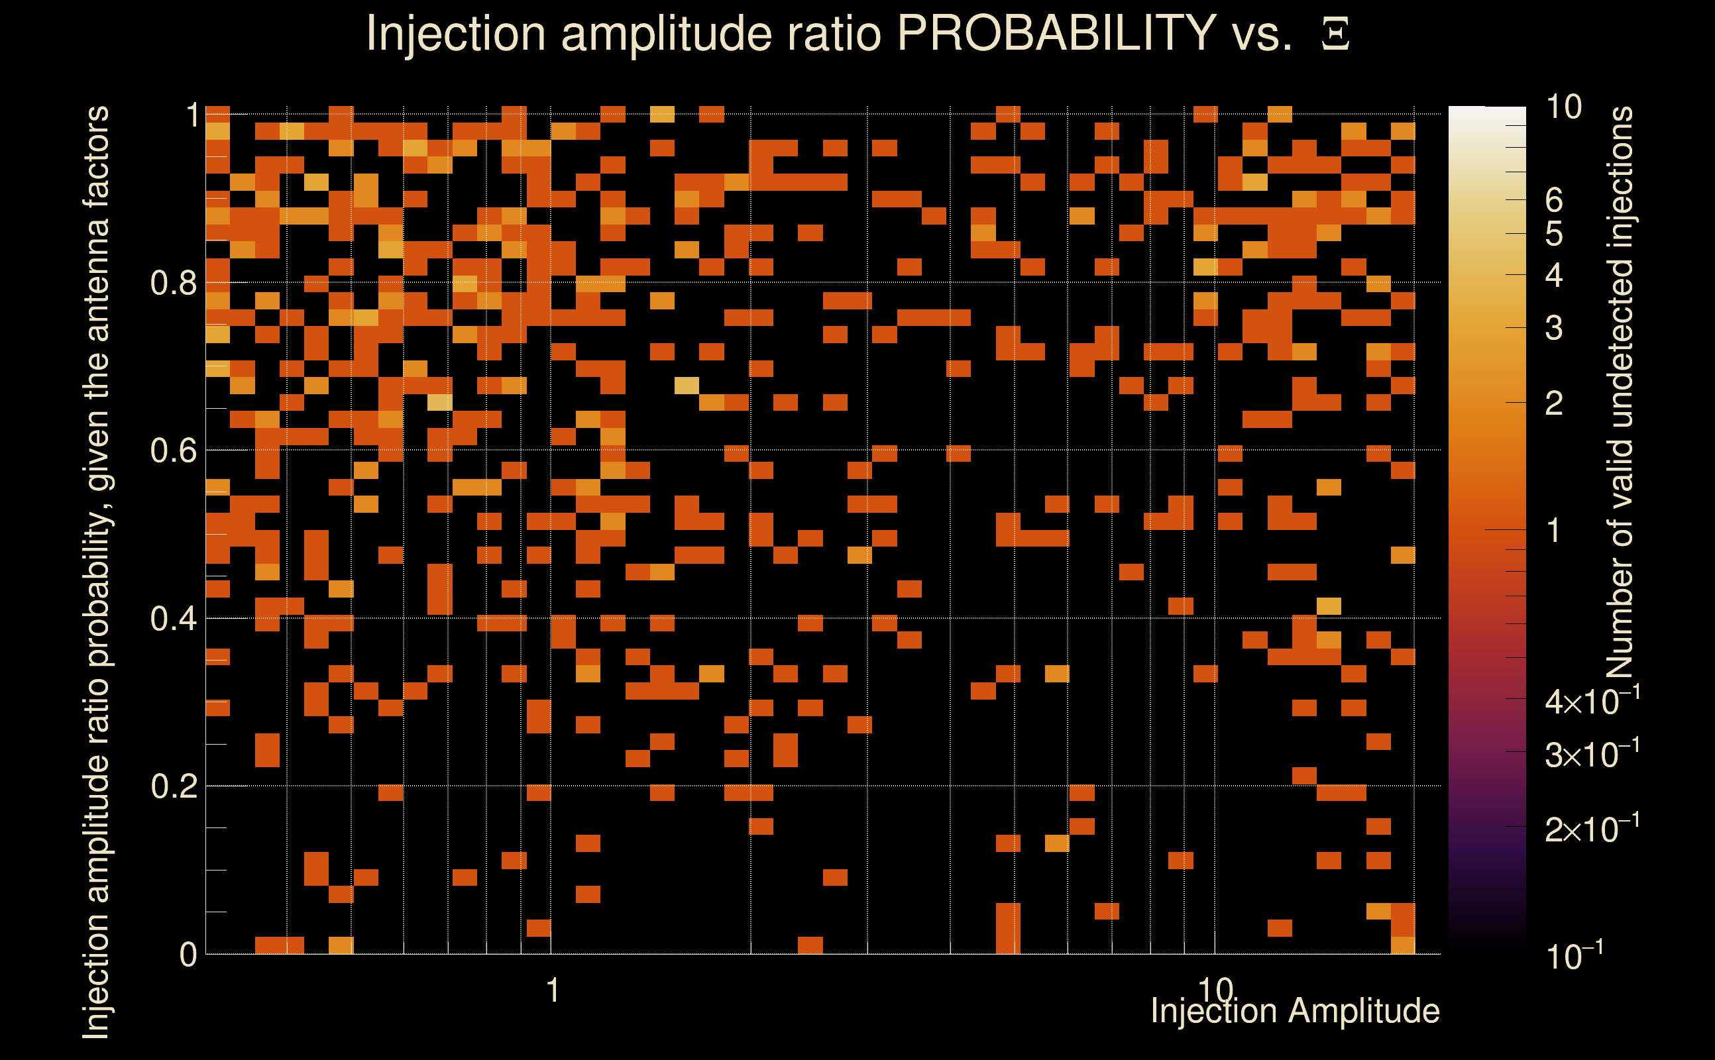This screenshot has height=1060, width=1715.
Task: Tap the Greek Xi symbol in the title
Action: tap(1335, 34)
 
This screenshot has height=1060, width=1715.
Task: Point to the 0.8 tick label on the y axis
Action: tap(173, 284)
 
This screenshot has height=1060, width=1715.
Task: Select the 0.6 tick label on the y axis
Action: tap(173, 450)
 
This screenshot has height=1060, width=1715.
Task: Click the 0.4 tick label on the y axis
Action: tap(173, 619)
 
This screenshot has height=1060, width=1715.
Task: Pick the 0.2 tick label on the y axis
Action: tap(173, 786)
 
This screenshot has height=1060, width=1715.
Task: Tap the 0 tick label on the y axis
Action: tap(188, 955)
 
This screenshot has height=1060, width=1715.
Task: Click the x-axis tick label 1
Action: tap(553, 990)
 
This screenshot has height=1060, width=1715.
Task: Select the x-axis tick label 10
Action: tap(1215, 989)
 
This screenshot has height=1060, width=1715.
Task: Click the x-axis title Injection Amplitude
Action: tap(1295, 1012)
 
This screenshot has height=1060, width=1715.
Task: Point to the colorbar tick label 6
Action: tap(1554, 201)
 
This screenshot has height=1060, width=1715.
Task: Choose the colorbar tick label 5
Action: tap(1554, 234)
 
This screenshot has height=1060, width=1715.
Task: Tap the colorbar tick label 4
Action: tap(1554, 276)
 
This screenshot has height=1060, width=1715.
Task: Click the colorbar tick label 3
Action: tap(1554, 328)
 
